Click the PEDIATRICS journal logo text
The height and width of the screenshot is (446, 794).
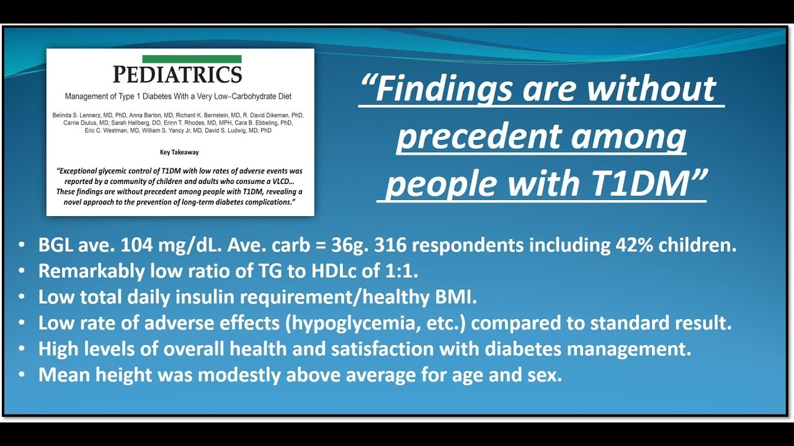click(x=177, y=75)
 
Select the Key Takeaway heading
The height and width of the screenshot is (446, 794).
click(x=180, y=152)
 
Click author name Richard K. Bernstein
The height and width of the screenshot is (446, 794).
click(x=197, y=116)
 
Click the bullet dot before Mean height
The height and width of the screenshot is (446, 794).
click(x=23, y=375)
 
